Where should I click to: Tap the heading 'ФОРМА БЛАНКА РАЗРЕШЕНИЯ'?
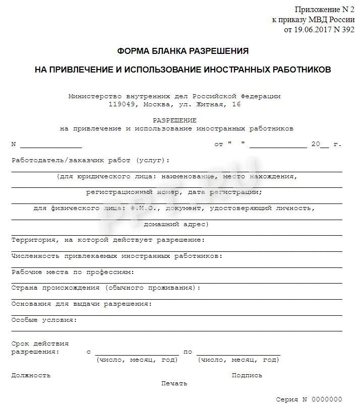pos(183,51)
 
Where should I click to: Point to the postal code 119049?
pos(124,105)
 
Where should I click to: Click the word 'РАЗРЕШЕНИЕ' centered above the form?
pos(174,120)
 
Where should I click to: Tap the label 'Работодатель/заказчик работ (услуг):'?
pos(90,160)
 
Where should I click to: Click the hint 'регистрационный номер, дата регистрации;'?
pos(174,192)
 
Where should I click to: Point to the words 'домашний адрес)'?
pos(175,224)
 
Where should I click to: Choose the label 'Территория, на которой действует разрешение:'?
pos(108,240)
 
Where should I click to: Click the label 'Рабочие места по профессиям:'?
pos(73,272)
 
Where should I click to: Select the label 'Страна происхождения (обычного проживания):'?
pos(106,288)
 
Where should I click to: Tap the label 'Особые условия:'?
pos(44,319)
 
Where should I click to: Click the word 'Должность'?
pos(31,375)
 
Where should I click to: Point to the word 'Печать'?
pos(174,383)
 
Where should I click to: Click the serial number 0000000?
pos(326,399)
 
